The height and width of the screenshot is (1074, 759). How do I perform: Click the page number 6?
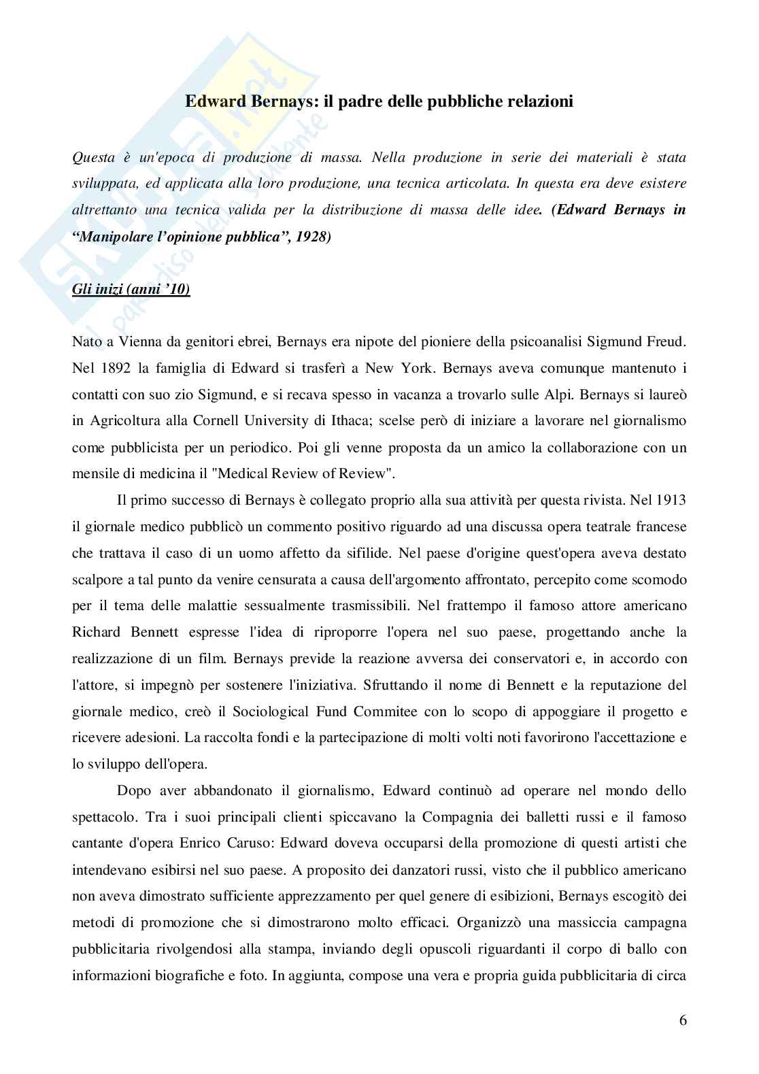point(682,1021)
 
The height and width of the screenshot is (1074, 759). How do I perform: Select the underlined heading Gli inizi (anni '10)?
point(131,290)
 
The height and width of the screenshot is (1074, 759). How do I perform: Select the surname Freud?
point(664,342)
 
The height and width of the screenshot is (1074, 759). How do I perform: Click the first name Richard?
point(96,632)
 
